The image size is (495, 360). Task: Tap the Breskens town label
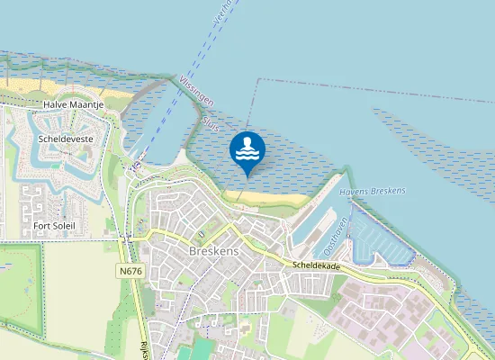point(214,251)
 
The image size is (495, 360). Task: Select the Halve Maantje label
point(74,105)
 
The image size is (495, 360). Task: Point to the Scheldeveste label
point(64,139)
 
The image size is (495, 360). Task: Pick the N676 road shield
point(130,270)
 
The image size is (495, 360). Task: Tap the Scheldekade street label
point(316,267)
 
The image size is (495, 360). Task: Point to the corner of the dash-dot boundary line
point(258,80)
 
